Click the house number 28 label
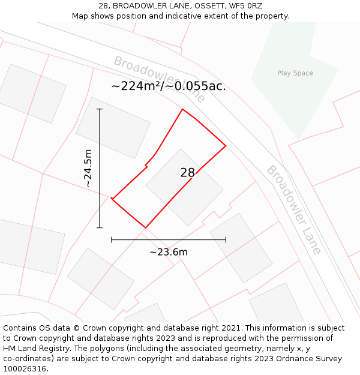point(187,173)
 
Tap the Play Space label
point(295,73)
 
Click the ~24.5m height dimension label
point(88,168)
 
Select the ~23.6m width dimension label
point(169,252)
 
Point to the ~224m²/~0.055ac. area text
point(169,86)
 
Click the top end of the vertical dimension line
point(100,109)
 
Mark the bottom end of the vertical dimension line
point(100,228)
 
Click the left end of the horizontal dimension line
point(112,240)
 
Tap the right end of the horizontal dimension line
point(226,240)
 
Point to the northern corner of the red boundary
point(182,109)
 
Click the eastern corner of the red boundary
point(226,145)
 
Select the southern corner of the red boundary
point(145,228)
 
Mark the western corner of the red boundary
point(112,199)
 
